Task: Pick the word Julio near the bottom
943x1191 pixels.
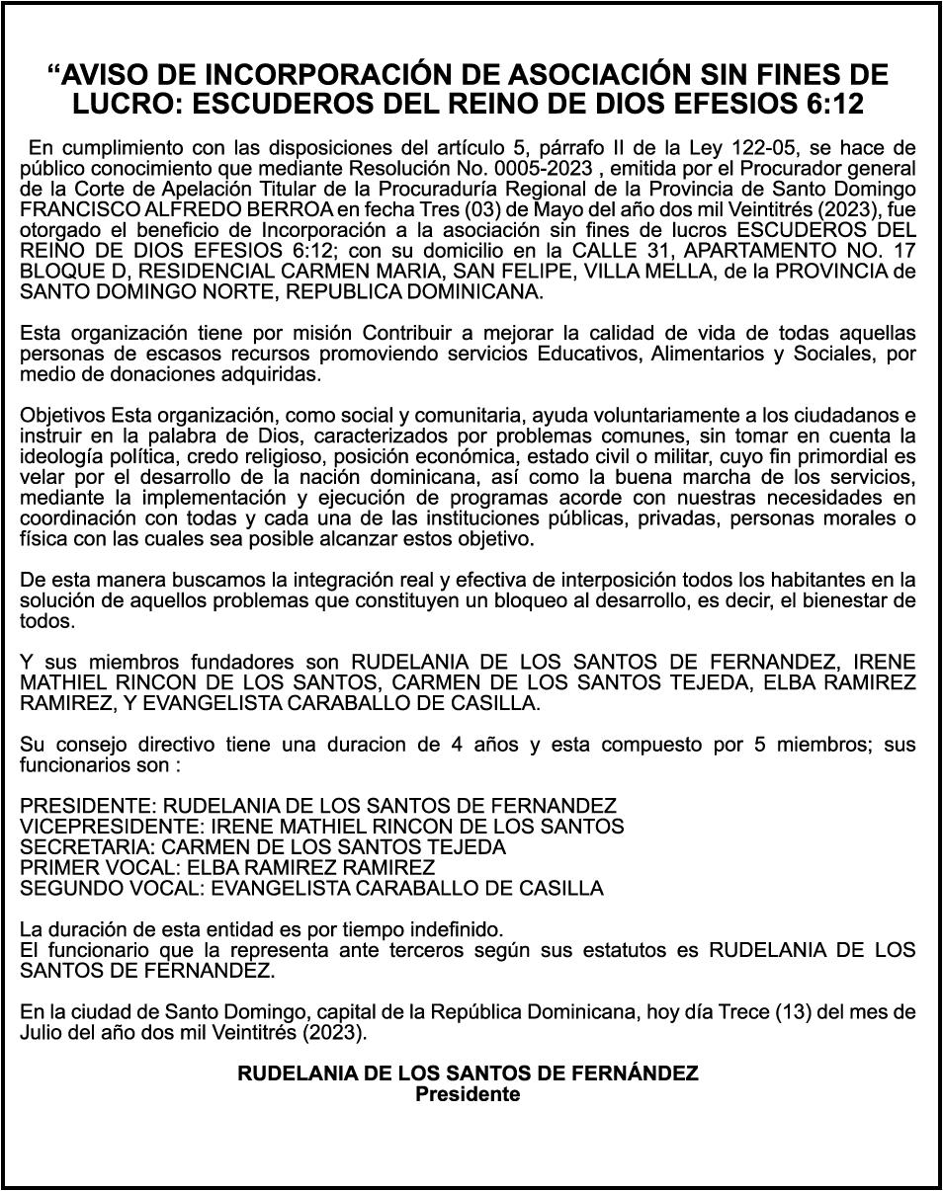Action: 41,1033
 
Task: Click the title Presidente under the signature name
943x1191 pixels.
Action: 467,1093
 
